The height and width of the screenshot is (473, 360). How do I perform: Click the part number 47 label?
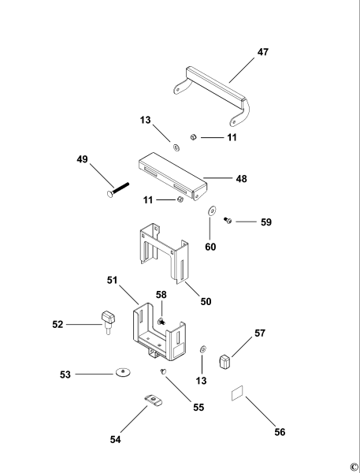coord(262,52)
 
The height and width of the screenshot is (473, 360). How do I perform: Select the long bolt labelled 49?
coord(118,190)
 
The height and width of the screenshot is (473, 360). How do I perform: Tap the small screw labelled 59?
coord(228,221)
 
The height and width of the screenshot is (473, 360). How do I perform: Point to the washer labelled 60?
coord(212,210)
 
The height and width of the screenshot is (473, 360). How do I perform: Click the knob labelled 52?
coord(108,322)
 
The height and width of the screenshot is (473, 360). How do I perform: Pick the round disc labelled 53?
coord(123,373)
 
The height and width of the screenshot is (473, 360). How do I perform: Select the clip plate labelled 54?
coord(154,400)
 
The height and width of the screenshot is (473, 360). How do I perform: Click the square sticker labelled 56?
coord(237,393)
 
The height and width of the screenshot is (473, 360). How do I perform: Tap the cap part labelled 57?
coord(225,361)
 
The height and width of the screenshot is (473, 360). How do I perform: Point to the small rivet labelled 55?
coord(163,371)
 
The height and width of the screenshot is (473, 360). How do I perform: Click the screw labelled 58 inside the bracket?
coord(161,321)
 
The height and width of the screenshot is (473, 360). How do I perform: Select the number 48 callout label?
coord(241,179)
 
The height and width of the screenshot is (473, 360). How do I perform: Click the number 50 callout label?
coord(206,301)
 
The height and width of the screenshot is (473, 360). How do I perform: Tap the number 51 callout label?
coord(112,280)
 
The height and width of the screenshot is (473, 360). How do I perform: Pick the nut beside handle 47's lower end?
coord(193,137)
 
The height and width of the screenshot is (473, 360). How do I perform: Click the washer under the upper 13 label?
coord(176,147)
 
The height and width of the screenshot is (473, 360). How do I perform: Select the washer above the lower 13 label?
coord(203,349)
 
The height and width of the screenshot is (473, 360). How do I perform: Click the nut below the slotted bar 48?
coord(180,199)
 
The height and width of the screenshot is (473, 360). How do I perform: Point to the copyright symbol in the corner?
coord(354,466)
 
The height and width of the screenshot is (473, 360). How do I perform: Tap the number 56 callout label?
coord(280,432)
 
